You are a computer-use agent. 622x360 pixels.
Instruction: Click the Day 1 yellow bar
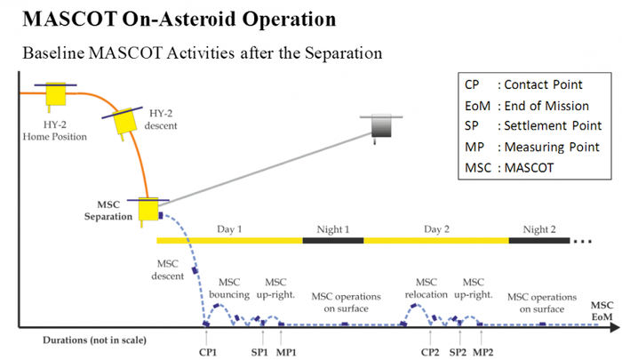229,240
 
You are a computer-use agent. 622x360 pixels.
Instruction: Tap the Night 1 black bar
333,240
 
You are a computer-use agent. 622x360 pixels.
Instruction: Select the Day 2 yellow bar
436,240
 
